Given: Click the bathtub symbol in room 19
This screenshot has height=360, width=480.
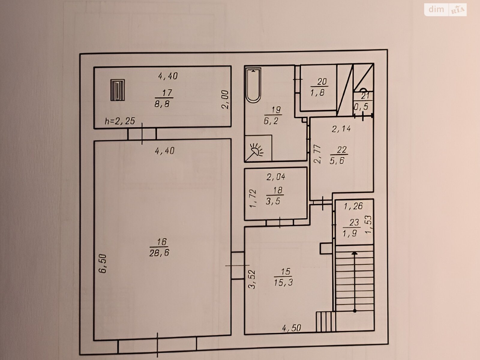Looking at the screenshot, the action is coord(253,85).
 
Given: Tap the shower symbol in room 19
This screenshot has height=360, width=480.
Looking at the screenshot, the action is coord(258,148).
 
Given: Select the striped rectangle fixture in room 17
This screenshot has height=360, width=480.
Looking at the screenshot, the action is coord(117,90).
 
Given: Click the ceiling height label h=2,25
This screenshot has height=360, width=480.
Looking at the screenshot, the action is coord(120,121).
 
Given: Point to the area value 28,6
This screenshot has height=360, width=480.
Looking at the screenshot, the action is coord(159,253).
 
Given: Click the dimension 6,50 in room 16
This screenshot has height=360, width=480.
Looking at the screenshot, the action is coord(103,263).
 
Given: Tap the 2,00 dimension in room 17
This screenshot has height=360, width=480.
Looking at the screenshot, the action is coord(225,100).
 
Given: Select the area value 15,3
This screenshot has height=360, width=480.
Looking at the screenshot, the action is coord(283,283).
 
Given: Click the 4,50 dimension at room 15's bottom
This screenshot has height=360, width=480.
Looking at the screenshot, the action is coord(292,328).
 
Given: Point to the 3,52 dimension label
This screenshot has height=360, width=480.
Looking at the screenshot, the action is coord(252,279).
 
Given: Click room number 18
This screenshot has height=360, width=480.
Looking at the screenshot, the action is coord(277,190).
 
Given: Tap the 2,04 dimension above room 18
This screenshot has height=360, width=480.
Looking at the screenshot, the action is coord(276,177).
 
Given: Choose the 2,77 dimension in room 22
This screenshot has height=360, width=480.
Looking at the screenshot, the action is coord(317,154).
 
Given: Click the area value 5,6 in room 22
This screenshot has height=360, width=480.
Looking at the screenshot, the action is coord(337,161).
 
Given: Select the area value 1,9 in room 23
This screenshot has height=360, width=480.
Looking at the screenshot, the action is coord(350,234).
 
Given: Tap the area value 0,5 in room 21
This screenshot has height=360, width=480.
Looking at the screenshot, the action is coord(361,106).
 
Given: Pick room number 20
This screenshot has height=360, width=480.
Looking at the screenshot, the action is coord(322,82).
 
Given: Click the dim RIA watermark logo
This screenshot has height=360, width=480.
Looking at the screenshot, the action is coord(445,10).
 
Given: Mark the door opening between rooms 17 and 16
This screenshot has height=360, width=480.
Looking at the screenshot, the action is coord(142,133).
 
